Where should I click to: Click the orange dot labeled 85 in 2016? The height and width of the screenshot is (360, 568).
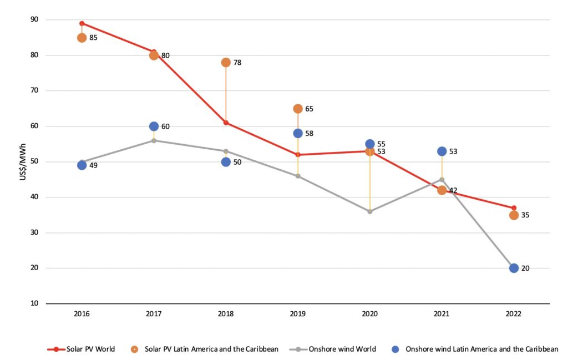tap(82, 38)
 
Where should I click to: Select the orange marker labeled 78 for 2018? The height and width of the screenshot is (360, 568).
tap(226, 62)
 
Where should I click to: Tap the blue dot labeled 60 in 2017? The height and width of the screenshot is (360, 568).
tap(154, 126)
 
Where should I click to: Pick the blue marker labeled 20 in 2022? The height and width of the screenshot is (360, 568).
tap(514, 268)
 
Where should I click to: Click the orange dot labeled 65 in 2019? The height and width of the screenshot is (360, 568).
tap(298, 109)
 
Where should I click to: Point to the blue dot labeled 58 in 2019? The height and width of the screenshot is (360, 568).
tap(298, 133)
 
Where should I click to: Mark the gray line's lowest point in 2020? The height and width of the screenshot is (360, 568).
tap(370, 211)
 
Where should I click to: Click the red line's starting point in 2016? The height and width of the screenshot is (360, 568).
tap(82, 23)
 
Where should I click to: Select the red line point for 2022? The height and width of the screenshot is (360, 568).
tap(514, 208)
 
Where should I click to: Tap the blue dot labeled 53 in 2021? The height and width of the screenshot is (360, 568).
tap(442, 151)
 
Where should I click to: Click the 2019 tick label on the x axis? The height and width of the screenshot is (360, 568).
tap(298, 314)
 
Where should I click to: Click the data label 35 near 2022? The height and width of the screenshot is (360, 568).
tap(525, 215)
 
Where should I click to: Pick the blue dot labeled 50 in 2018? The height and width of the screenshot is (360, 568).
tap(226, 162)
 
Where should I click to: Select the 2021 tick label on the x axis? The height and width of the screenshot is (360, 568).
tap(442, 314)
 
